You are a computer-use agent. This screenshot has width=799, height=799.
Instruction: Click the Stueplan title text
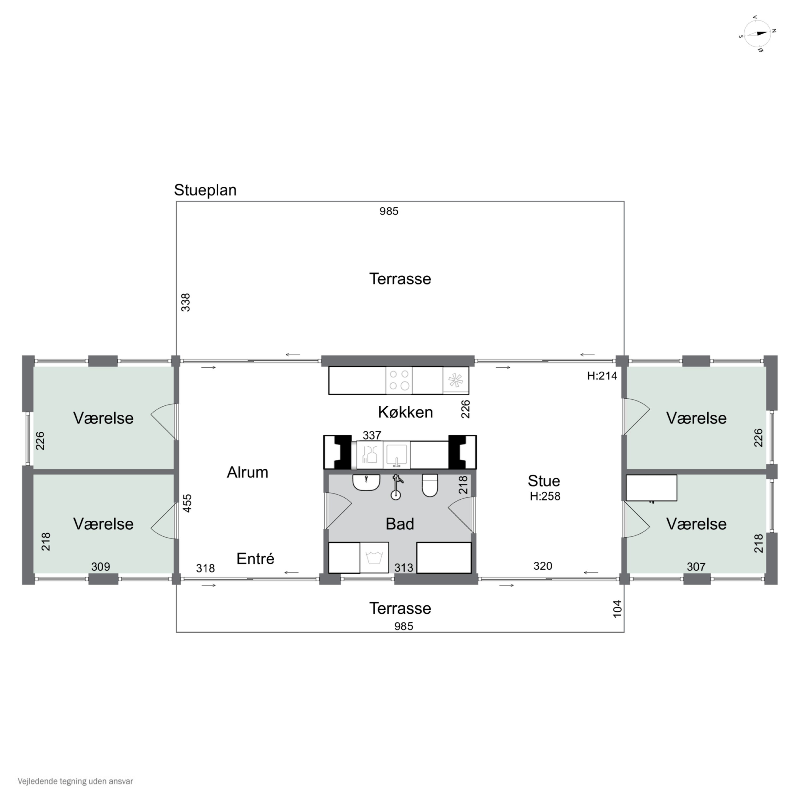point(205,190)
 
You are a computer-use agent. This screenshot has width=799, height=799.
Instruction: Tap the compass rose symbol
point(757,34)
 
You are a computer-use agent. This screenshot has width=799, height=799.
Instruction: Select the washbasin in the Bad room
point(366,483)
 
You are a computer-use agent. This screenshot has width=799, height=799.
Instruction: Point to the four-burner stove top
point(399,380)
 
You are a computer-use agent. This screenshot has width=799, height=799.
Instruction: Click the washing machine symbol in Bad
point(374,557)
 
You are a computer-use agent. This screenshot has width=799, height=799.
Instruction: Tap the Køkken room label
point(405,412)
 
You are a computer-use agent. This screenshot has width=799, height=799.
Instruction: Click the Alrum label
point(247,472)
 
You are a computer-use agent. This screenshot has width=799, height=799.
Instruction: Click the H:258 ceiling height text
point(545,496)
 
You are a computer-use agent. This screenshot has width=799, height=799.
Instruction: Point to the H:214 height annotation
point(602,376)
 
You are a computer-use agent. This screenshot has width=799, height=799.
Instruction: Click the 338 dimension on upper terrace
point(186,302)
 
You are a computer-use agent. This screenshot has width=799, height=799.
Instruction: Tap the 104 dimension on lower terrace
point(617,609)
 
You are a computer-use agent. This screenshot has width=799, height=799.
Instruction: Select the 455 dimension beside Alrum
point(187,503)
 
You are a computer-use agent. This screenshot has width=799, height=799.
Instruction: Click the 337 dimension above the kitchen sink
point(372,435)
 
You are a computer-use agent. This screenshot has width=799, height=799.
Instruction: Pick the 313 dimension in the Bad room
point(404,568)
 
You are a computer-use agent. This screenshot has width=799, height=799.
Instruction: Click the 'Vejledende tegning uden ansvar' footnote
point(75,781)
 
